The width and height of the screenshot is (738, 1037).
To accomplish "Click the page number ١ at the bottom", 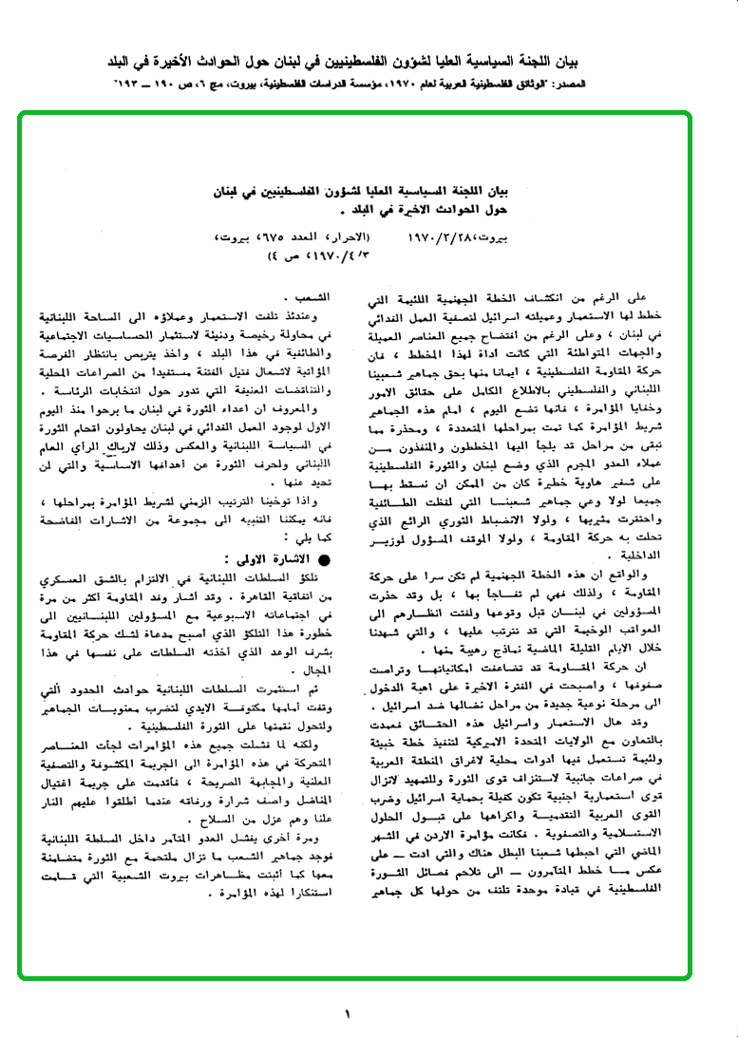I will [x=347, y=1012].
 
